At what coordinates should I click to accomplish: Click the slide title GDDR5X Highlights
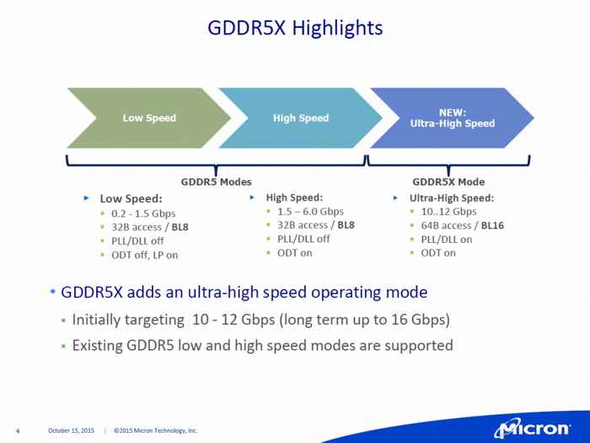tap(295, 29)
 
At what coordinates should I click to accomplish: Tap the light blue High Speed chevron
tap(301, 118)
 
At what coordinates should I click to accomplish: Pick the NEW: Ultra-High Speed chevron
tap(452, 118)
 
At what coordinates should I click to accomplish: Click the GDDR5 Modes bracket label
tap(216, 181)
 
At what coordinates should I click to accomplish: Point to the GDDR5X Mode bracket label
tap(448, 181)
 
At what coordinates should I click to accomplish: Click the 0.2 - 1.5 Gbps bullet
tap(143, 213)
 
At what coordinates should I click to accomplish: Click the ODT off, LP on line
tap(144, 254)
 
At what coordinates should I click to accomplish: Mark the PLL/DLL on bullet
tap(447, 239)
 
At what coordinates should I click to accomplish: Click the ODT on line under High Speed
tap(295, 252)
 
